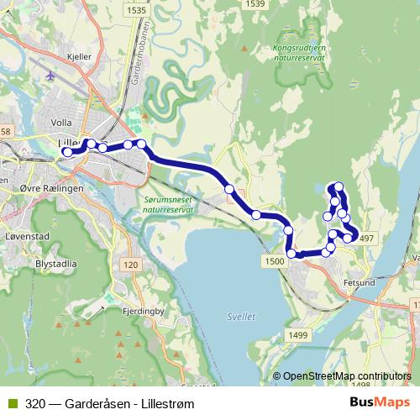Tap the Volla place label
61,121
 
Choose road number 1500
275,261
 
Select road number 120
129,265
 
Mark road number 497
366,239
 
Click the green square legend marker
10,402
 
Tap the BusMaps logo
384,402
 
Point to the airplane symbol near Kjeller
51,76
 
